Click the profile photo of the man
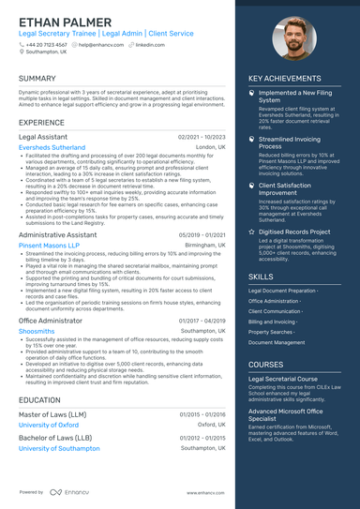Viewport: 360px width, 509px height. click(292, 40)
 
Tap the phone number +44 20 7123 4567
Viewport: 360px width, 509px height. click(46, 44)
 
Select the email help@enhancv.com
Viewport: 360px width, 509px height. click(98, 44)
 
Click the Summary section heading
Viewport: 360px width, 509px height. click(37, 79)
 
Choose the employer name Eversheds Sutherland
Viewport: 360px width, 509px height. click(53, 147)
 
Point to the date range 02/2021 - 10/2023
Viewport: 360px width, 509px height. click(202, 137)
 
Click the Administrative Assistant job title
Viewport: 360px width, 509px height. click(63, 234)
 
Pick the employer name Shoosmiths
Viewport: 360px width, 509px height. click(37, 331)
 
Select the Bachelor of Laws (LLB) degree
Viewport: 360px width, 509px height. click(55, 438)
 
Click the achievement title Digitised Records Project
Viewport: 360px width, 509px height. click(294, 232)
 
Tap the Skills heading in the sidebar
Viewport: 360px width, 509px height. click(262, 277)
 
